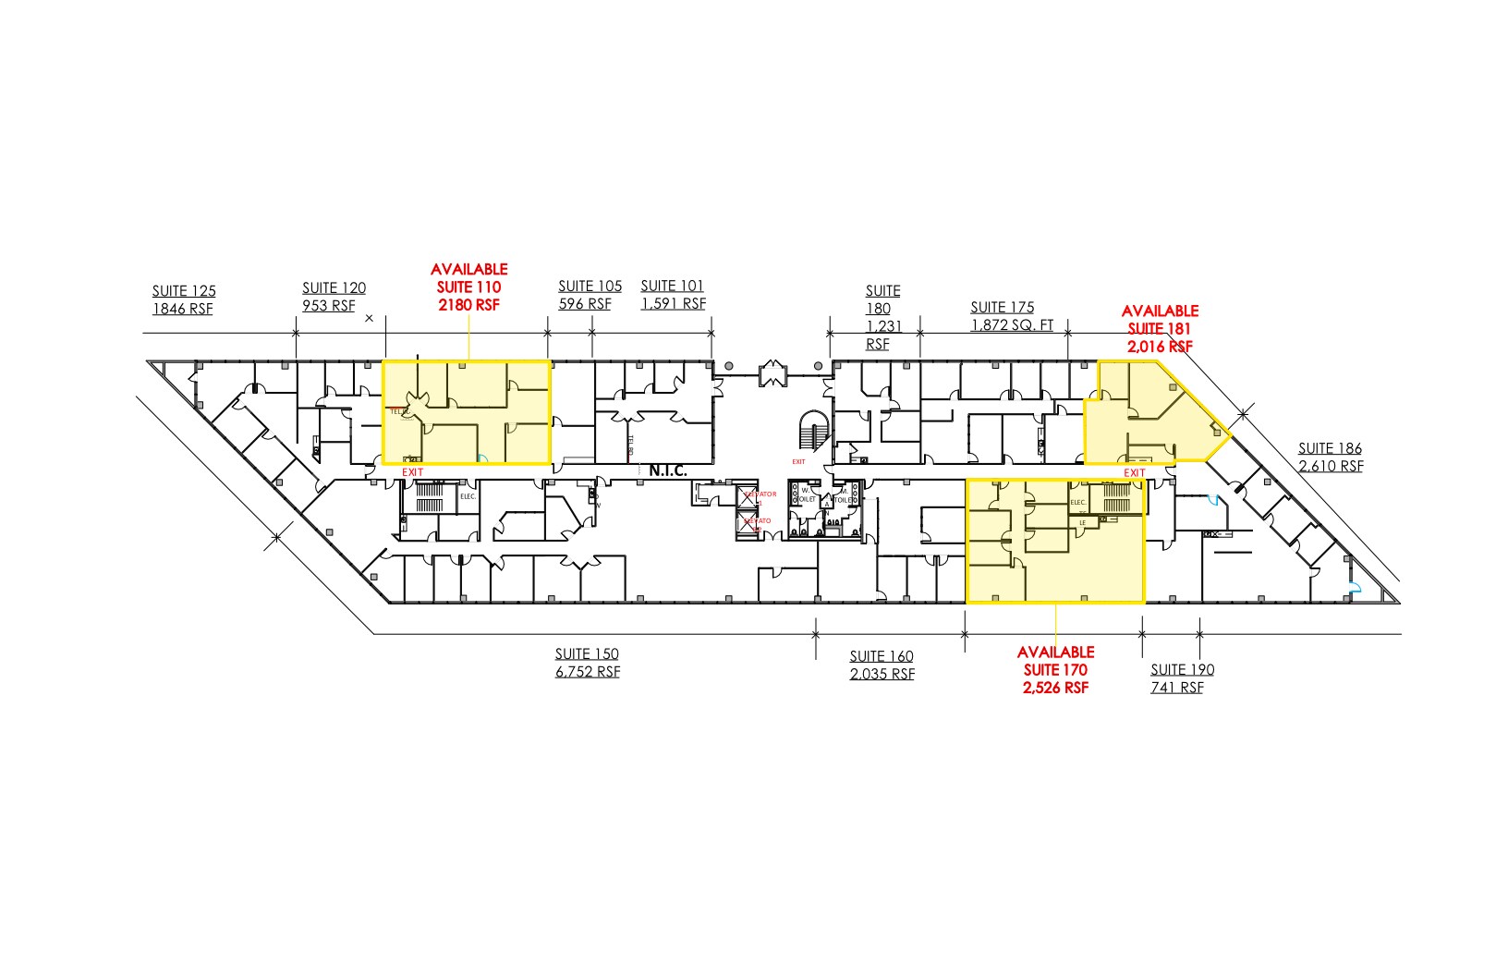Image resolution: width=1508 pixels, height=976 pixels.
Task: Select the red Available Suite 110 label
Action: (x=468, y=287)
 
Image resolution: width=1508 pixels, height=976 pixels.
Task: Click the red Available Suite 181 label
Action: (x=1160, y=328)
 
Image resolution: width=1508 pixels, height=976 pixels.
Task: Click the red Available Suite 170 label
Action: (x=1055, y=669)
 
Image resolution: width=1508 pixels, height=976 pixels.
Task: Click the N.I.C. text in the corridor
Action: (x=668, y=471)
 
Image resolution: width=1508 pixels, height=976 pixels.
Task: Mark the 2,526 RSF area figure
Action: (x=1055, y=688)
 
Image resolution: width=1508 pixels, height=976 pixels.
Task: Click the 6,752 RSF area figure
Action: (x=587, y=672)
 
